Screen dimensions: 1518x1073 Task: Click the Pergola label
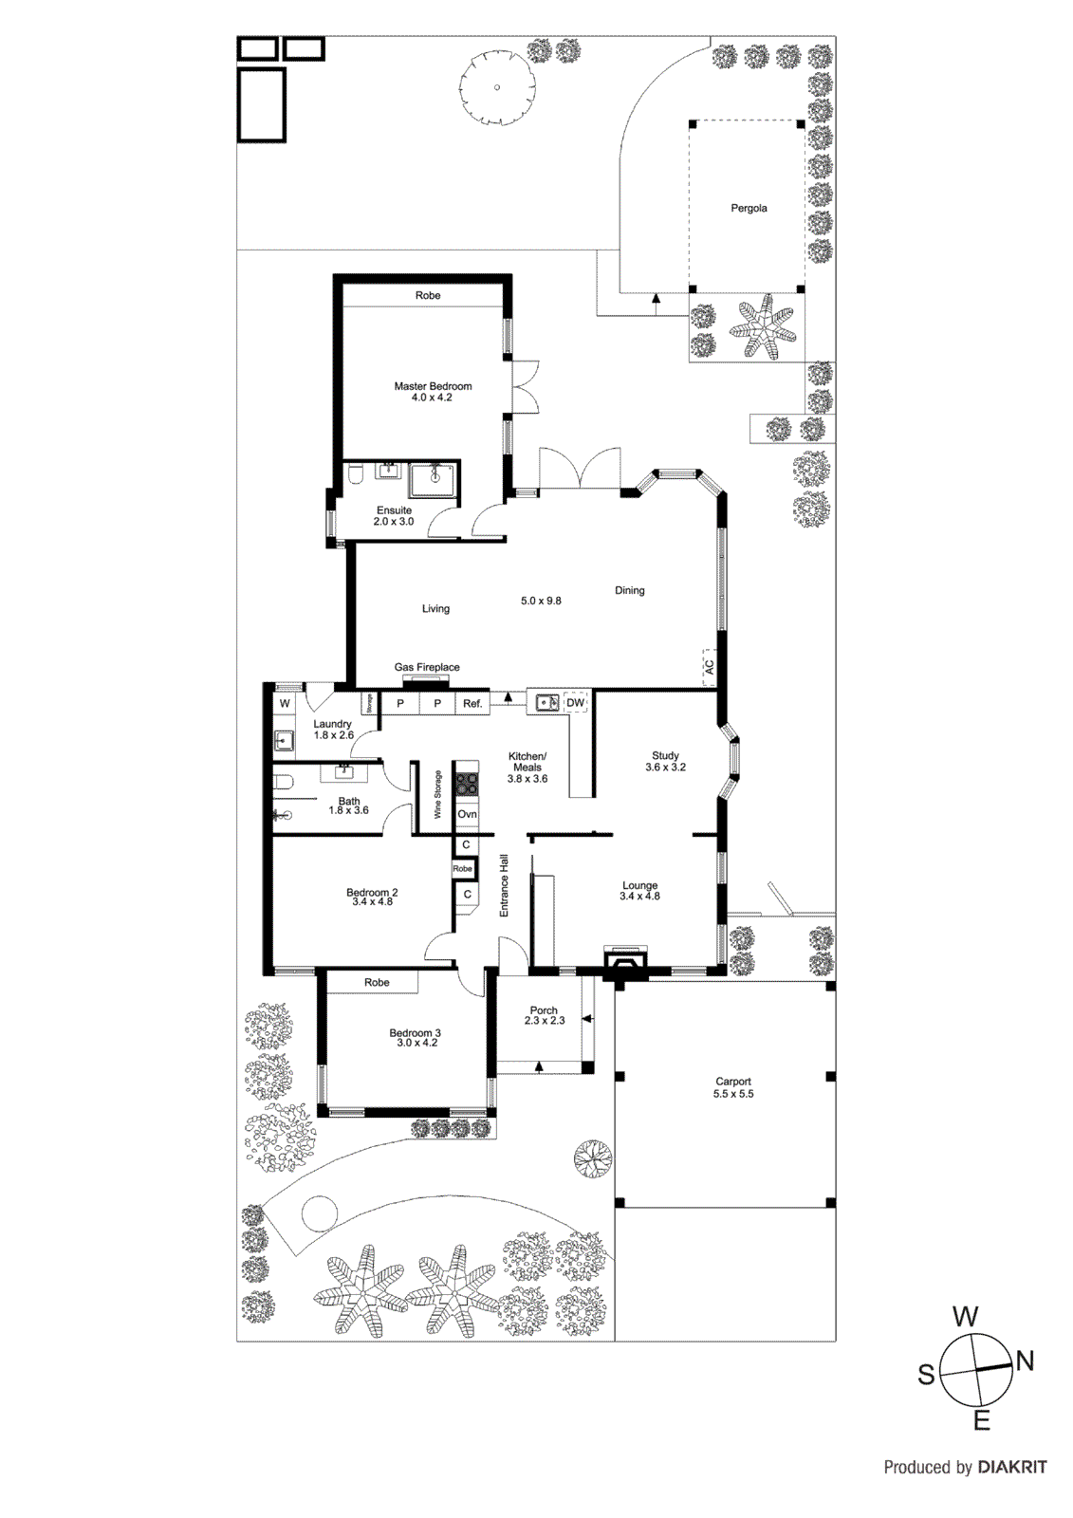[x=749, y=208]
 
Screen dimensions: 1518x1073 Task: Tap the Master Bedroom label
[x=433, y=386]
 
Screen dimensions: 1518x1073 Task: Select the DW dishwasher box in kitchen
[x=575, y=703]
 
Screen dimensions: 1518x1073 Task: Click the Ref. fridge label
[x=472, y=703]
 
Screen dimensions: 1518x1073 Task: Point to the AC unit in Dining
[x=708, y=666]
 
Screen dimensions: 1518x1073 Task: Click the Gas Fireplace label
[x=427, y=667]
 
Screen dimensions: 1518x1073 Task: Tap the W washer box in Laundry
[x=284, y=704]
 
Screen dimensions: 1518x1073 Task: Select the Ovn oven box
[x=467, y=814]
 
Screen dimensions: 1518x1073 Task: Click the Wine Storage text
[x=437, y=795]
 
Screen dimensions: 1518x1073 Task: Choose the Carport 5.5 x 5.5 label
[x=733, y=1087]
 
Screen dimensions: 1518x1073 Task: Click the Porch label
[x=544, y=1010]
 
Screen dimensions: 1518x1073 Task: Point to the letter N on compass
[x=1025, y=1361]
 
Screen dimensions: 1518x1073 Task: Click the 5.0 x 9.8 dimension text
[x=541, y=601]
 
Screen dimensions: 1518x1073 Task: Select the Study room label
[x=665, y=756]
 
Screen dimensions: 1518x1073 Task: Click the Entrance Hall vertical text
[x=504, y=886]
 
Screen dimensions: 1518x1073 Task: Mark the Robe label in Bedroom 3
[x=377, y=982]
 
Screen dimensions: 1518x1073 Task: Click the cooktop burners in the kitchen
[x=467, y=785]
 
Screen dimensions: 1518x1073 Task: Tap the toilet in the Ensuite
[x=353, y=474]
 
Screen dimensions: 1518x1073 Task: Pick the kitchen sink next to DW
[x=546, y=703]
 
